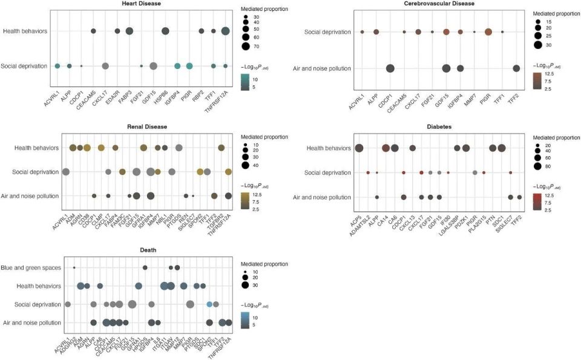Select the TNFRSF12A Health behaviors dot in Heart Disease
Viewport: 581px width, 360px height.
226,31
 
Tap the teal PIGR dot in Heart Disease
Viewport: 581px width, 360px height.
189,66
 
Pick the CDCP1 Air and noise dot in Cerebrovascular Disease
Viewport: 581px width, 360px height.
390,68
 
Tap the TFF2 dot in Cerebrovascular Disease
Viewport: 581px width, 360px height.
516,68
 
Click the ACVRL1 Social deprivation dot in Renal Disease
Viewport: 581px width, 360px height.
65,172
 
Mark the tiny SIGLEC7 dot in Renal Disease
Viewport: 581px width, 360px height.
193,195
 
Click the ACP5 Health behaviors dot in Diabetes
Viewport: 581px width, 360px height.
359,148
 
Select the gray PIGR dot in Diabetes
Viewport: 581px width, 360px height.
475,173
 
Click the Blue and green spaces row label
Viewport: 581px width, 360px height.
34,267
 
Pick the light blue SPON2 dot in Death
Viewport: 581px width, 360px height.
209,304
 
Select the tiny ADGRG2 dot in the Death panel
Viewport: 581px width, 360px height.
74,267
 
